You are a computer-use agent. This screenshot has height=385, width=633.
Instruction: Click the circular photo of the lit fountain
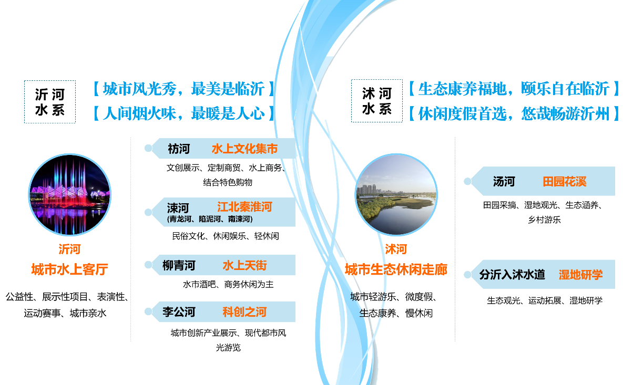tap(70, 195)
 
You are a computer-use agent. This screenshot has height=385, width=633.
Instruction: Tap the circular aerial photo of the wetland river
tap(396, 195)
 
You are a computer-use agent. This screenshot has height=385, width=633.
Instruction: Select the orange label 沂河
tap(69, 249)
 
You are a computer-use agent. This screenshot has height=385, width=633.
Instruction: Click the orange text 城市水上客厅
tap(69, 270)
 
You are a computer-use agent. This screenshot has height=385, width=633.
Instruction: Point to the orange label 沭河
tap(396, 249)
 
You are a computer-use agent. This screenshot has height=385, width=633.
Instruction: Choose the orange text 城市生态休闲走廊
tap(396, 270)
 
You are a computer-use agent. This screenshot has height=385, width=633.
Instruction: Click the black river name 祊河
tap(179, 149)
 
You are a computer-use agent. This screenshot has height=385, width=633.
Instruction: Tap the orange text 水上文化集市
tap(244, 149)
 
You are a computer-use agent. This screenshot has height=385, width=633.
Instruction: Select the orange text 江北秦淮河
tap(244, 207)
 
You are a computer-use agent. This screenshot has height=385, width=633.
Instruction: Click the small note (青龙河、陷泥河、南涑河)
tap(210, 219)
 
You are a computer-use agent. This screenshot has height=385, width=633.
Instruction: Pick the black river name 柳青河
tap(179, 265)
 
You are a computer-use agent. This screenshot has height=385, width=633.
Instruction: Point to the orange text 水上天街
tap(244, 265)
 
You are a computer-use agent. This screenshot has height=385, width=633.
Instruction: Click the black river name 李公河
tap(179, 312)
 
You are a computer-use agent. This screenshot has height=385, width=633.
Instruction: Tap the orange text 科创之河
tap(244, 312)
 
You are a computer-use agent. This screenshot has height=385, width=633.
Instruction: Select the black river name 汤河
tap(504, 182)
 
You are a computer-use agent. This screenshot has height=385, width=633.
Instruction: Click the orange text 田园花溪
tap(565, 182)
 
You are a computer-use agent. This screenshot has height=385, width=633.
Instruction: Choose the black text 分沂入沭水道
tap(512, 274)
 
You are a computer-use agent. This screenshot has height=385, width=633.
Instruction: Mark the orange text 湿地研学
tap(580, 274)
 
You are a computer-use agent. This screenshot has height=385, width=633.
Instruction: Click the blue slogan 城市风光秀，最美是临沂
tap(183, 89)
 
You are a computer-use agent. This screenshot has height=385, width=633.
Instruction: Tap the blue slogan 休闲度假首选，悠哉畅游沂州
tap(513, 113)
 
